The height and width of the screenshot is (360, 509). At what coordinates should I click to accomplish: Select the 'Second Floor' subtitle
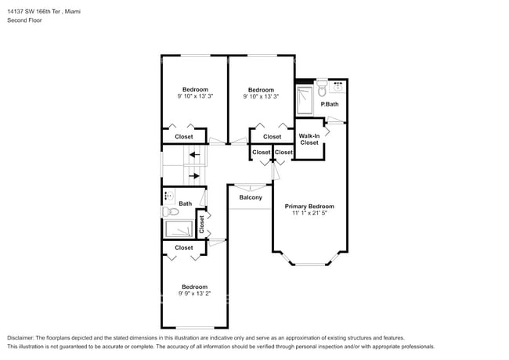(24, 20)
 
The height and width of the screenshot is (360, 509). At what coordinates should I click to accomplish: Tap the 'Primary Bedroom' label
(309, 205)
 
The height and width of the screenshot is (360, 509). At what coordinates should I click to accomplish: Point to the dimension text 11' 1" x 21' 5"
(309, 213)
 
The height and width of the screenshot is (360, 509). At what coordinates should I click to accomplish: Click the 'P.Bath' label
(330, 104)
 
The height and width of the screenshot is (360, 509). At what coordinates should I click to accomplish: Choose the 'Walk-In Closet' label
(309, 139)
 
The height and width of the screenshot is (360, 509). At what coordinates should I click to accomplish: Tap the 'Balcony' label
(251, 197)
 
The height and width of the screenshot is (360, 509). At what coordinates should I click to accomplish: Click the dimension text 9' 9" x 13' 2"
(194, 294)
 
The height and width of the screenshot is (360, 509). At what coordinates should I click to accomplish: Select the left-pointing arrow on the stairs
(194, 155)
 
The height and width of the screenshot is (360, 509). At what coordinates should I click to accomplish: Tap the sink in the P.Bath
(338, 87)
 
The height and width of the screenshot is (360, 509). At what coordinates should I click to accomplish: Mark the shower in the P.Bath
(305, 99)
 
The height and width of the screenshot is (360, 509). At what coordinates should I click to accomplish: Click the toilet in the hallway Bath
(169, 212)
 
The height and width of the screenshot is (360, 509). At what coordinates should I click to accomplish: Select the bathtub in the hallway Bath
(179, 229)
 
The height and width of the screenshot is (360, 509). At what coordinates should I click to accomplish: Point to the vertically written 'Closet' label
(202, 225)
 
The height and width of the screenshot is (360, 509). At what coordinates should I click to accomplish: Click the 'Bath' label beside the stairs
(186, 203)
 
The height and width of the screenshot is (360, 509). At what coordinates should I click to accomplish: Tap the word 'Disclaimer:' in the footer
(22, 337)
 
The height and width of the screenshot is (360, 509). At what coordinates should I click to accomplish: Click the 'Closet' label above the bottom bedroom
(184, 247)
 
